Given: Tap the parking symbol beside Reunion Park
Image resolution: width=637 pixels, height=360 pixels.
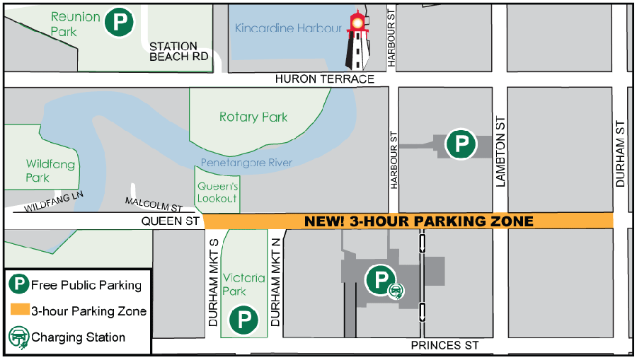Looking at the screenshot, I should click(x=120, y=23).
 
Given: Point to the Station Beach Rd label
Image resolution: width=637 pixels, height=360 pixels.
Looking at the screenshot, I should click(x=180, y=52).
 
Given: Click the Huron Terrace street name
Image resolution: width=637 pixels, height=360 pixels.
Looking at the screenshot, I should click(x=325, y=79).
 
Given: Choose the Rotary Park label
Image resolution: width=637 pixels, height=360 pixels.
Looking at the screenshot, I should click(x=253, y=117).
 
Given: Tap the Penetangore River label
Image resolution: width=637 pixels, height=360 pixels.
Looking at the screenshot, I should click(x=246, y=163).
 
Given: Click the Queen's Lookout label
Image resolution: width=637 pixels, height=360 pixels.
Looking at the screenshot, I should click(x=217, y=192).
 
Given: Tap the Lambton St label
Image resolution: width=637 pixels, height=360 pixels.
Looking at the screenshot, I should click(x=501, y=152).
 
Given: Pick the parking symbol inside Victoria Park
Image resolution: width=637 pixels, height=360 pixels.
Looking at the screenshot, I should click(x=243, y=320).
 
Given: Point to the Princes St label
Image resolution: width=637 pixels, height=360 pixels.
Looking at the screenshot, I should click(x=445, y=345).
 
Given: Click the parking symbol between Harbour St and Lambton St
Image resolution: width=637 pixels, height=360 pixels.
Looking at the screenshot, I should click(x=460, y=145).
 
